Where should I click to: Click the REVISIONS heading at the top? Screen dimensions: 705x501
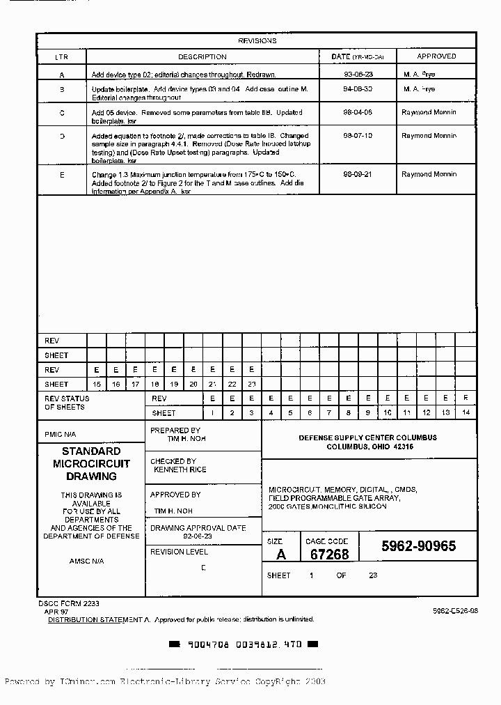click(257, 41)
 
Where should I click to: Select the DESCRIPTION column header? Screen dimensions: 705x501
click(202, 56)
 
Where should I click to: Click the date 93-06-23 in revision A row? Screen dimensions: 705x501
click(358, 72)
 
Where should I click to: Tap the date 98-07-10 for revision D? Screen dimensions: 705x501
click(358, 136)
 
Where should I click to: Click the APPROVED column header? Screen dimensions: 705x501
click(436, 56)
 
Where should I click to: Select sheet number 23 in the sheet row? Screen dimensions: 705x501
click(251, 384)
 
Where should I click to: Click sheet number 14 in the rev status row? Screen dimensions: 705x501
click(466, 413)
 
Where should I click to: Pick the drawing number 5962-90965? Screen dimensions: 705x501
click(419, 547)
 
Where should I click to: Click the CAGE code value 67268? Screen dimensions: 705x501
click(329, 555)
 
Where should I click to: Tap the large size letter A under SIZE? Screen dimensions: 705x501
click(280, 555)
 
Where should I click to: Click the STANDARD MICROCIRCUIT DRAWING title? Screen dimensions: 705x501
click(91, 464)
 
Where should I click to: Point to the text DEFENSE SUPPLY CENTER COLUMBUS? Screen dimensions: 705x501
click(367, 437)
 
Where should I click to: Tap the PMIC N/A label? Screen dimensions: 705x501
click(61, 433)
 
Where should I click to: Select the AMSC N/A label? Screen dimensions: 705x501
click(86, 561)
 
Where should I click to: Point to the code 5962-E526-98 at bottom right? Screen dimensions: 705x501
click(455, 610)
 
